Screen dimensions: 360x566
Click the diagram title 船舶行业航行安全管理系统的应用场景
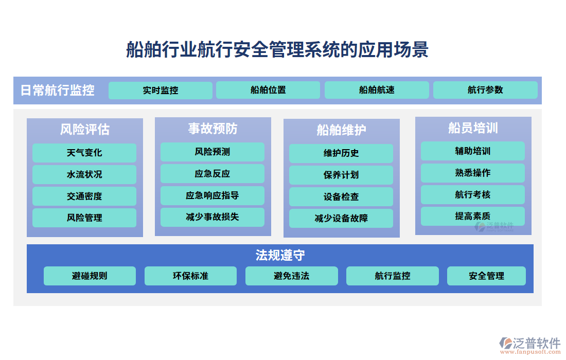tap(277, 50)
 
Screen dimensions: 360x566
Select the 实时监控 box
tap(161, 91)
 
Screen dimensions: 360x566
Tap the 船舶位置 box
tap(268, 90)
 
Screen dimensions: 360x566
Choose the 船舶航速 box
tap(377, 90)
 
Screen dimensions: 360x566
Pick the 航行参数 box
tap(485, 90)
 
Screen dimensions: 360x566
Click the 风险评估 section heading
tap(85, 129)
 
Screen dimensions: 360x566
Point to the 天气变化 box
tap(84, 153)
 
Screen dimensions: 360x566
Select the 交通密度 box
tap(84, 196)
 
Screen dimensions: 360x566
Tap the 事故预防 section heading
tap(213, 128)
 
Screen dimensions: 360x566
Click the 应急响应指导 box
tap(213, 195)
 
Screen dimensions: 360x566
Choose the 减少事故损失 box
tap(213, 217)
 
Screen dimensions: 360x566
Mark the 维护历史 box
tap(341, 153)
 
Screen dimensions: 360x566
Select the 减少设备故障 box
tap(341, 218)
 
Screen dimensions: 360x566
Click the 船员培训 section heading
tap(473, 128)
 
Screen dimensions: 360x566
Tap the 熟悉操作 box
tap(473, 173)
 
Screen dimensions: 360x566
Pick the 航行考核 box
tap(473, 194)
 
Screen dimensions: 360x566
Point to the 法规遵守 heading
tap(280, 255)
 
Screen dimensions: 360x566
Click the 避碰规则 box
tap(90, 276)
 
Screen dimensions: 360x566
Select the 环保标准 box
tap(190, 276)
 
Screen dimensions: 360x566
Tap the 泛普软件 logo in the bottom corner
tap(529, 344)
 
